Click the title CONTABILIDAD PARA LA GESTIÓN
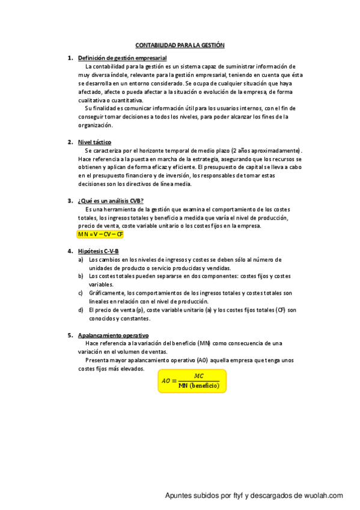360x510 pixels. click(180, 45)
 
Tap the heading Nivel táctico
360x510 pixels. click(94, 142)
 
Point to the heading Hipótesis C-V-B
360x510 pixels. click(99, 250)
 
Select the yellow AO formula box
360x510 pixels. click(192, 381)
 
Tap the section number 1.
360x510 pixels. click(70, 58)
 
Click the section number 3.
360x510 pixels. click(70, 200)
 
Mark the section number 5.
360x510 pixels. click(70, 335)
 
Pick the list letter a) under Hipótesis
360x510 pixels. click(81, 259)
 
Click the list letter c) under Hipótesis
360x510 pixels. click(81, 293)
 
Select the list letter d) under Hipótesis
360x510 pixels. click(81, 310)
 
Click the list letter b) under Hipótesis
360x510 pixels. click(81, 276)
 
